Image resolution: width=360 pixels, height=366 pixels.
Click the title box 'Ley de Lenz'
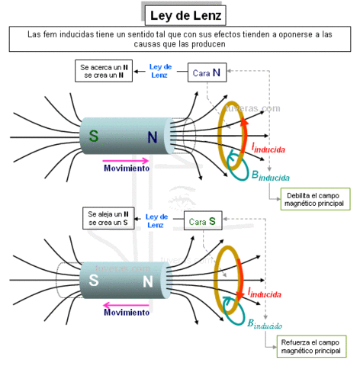[185, 14]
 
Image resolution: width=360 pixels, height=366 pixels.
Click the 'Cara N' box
[209, 72]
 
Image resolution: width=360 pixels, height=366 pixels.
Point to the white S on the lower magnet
[94, 281]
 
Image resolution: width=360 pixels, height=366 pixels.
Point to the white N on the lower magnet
[148, 281]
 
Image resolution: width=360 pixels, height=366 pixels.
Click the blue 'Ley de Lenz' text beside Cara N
[159, 71]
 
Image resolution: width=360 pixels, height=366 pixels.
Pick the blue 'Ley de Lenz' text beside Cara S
[155, 221]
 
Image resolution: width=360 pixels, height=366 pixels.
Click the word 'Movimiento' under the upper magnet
[127, 169]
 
